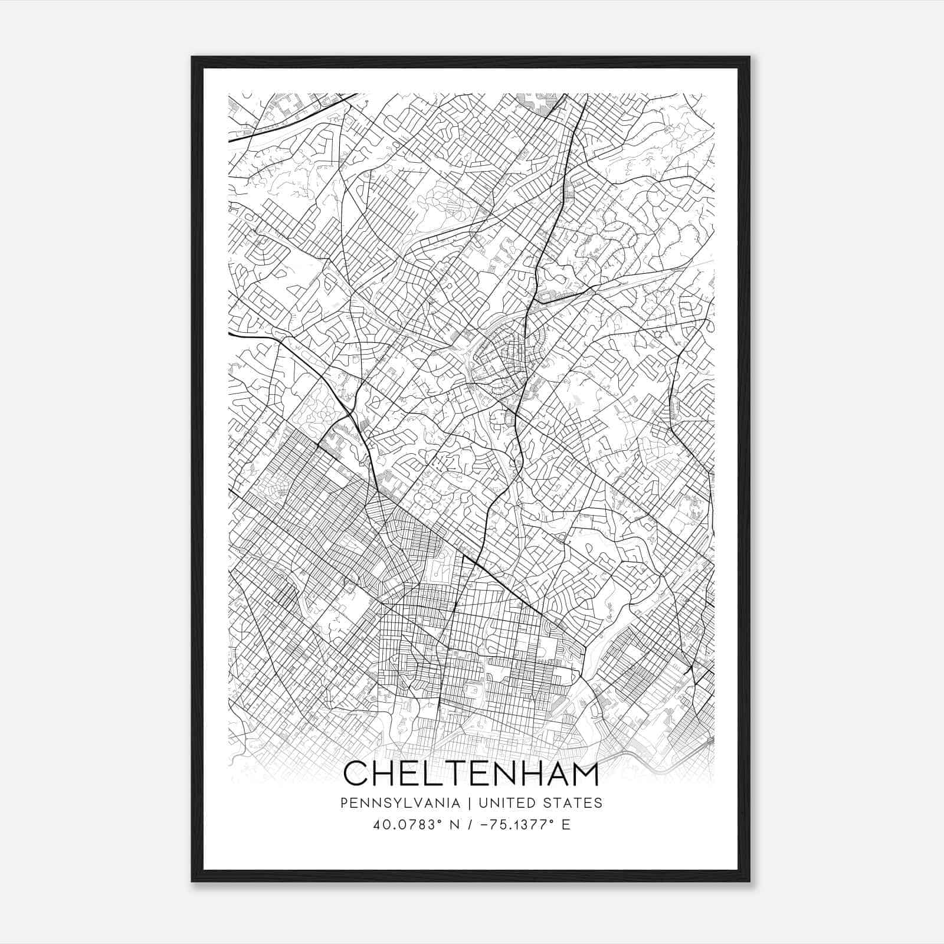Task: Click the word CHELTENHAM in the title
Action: (x=471, y=773)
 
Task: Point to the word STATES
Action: (x=572, y=803)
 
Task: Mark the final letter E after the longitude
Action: (x=566, y=824)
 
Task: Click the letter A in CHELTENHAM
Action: (x=555, y=773)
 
